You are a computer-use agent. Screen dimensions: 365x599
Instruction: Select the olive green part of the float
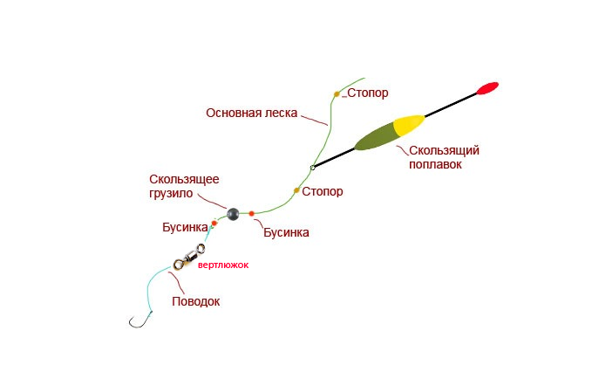coord(374,137)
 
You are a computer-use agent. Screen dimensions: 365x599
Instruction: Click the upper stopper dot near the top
coord(337,93)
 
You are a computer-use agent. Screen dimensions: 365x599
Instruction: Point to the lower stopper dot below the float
coord(296,189)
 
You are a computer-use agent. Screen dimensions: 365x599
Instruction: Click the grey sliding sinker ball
coord(233,213)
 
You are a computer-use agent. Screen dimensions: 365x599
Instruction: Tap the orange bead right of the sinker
coord(251,213)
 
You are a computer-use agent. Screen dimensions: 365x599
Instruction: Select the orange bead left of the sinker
coord(214,224)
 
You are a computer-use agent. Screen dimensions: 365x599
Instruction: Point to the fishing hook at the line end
coord(136,324)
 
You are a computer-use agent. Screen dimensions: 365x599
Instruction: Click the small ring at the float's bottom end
coord(311,167)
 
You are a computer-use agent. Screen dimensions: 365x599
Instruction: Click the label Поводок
coord(195,301)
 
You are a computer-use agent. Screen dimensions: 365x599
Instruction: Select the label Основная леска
coord(252,113)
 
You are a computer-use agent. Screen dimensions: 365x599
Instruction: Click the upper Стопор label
coord(367,93)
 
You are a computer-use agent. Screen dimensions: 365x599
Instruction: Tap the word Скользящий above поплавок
coord(444,150)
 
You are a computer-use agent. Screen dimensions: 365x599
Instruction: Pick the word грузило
coord(168,193)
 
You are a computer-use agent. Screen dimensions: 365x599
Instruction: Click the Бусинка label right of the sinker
coord(285,232)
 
